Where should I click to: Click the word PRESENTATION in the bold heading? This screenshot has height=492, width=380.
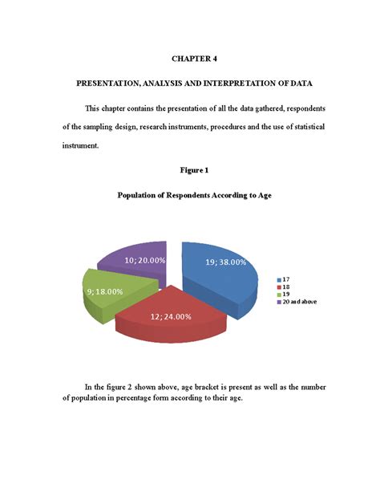click(x=110, y=83)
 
